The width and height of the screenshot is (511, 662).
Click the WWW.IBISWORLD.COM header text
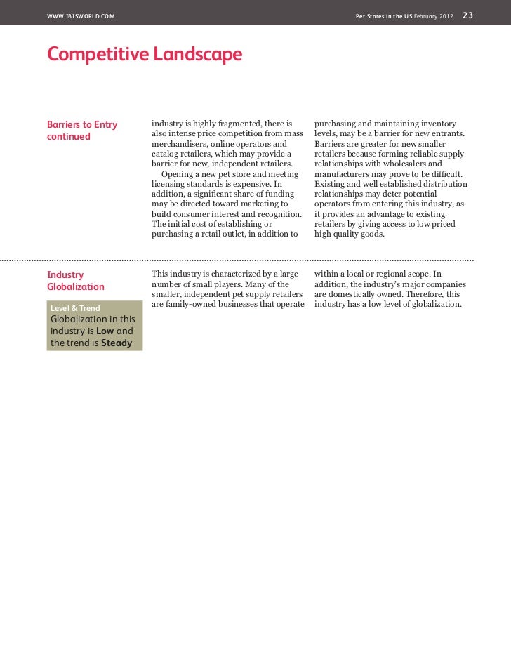click(x=81, y=15)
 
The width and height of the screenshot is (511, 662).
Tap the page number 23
click(x=467, y=15)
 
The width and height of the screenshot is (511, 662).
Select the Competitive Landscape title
click(x=145, y=54)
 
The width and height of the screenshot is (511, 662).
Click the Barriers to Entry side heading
click(x=82, y=124)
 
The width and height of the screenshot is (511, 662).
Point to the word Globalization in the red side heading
click(x=76, y=286)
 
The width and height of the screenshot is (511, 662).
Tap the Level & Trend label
click(x=75, y=308)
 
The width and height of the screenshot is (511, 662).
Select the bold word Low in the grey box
click(x=105, y=331)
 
